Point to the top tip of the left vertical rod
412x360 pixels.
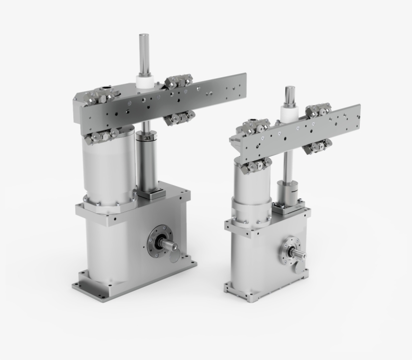tap(144, 36)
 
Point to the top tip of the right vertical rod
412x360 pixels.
tap(290, 88)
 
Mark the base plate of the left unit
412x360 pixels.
tap(136, 287)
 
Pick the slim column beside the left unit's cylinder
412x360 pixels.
tap(147, 161)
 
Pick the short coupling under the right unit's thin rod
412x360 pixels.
tap(286, 192)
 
